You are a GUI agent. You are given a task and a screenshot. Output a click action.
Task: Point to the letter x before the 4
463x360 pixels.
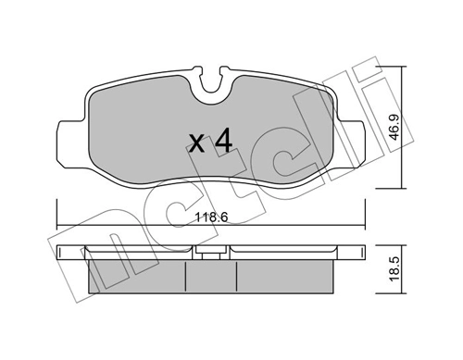coord(196,144)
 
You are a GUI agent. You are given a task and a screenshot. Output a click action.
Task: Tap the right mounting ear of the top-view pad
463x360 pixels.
coord(357,135)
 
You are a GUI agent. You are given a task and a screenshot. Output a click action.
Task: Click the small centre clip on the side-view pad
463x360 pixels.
coord(211,250)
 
